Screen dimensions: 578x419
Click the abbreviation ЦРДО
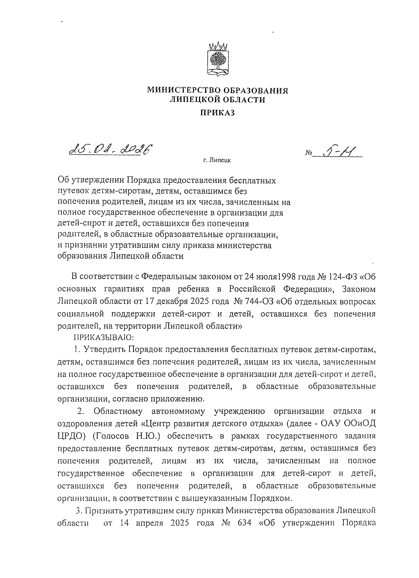click(69, 436)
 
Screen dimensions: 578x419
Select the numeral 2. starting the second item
click(81, 411)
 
